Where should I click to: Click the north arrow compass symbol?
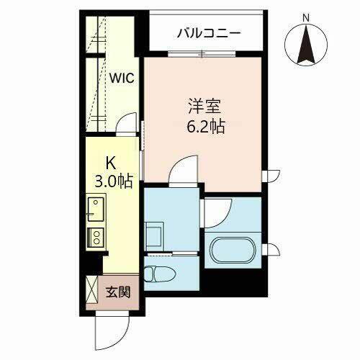point(306,43)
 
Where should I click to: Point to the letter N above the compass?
point(306,16)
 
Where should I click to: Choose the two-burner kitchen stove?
point(95,238)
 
